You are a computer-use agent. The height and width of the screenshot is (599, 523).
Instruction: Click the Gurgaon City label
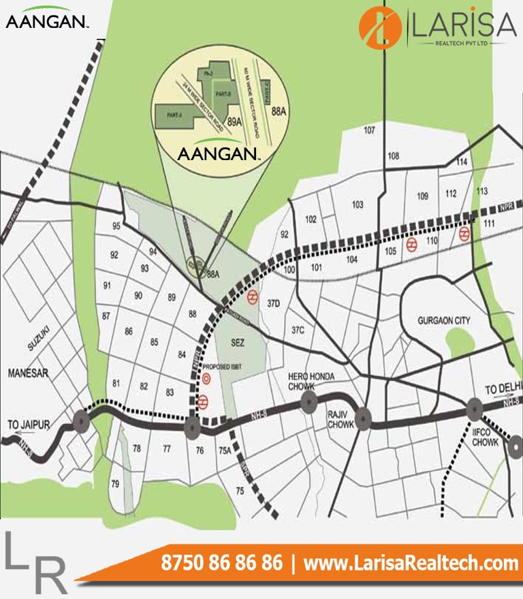(x=445, y=320)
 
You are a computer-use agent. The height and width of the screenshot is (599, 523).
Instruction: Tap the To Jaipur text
(x=29, y=425)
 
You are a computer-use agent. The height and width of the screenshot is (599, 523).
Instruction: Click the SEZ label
(x=238, y=341)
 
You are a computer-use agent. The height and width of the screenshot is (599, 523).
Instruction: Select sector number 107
(x=370, y=130)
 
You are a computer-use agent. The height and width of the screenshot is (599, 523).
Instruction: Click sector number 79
(x=115, y=484)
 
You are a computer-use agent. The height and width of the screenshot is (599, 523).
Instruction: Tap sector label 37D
(x=274, y=303)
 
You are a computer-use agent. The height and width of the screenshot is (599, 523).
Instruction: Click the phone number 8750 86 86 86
(x=221, y=564)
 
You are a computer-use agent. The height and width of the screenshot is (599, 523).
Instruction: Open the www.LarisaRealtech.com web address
(x=411, y=564)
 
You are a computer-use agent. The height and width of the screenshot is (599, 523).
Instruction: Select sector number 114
(x=462, y=162)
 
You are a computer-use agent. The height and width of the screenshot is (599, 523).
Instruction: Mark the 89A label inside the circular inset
(x=235, y=121)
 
